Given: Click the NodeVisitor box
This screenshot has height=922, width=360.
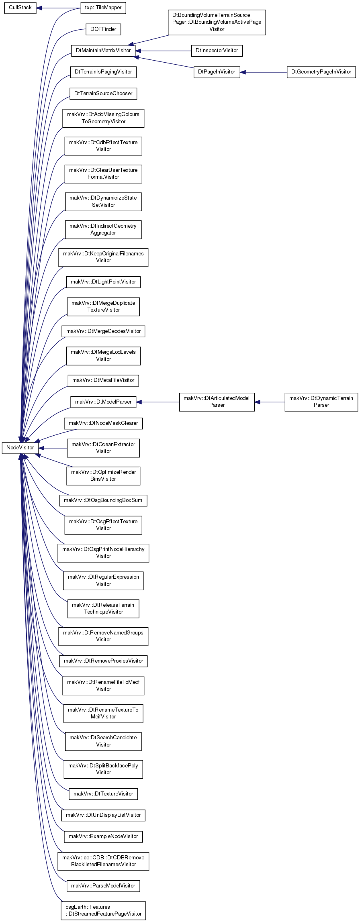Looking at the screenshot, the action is click(20, 448).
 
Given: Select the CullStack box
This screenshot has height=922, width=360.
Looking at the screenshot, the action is click(20, 8).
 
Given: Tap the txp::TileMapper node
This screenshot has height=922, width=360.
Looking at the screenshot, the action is click(103, 8).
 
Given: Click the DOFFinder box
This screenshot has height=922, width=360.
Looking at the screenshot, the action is click(103, 29).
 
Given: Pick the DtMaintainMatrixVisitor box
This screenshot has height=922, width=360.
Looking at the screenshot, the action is click(103, 51).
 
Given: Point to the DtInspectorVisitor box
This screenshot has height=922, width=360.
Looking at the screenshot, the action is click(217, 51).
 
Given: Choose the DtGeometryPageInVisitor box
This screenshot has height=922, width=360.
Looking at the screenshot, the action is click(321, 72).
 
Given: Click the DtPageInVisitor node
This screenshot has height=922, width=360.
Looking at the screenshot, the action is click(217, 72).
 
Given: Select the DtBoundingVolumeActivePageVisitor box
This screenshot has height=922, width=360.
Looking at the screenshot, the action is click(217, 22).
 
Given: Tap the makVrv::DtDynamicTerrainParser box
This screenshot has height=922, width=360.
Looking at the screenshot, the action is click(321, 402).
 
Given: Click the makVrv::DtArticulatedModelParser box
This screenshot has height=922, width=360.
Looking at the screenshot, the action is click(217, 402).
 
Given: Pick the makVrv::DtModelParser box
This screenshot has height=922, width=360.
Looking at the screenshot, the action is click(103, 402).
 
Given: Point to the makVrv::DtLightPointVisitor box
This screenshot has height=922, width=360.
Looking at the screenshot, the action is click(103, 282).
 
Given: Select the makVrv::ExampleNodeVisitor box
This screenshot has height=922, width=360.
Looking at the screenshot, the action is click(103, 836).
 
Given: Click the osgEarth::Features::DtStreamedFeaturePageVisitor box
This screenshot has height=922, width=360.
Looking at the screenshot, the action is click(103, 910).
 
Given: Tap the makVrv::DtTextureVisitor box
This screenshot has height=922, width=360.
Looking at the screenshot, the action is click(103, 794).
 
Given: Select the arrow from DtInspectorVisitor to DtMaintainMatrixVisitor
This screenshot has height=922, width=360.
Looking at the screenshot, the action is click(164, 51).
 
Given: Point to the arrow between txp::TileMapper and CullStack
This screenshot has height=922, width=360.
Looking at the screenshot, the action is click(58, 8).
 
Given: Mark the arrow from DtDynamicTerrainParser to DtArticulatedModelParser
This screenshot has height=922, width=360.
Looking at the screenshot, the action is click(270, 402).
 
